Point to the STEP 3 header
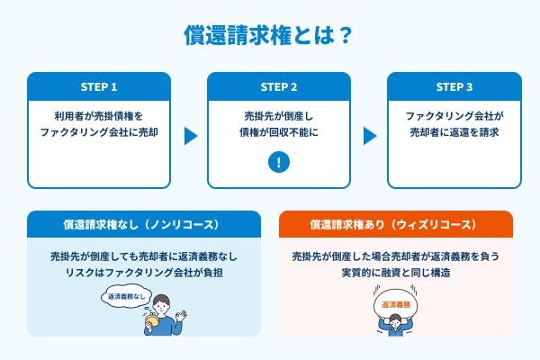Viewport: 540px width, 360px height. point(454,87)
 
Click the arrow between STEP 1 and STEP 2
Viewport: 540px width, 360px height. point(190,136)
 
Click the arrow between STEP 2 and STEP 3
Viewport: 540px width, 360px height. point(370,136)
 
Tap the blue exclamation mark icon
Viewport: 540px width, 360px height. point(280,163)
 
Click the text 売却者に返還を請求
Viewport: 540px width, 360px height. point(454,132)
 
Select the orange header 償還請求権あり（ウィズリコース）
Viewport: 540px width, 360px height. point(396,223)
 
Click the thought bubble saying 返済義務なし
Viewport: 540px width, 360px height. point(124,295)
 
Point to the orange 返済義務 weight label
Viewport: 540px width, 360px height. point(397,306)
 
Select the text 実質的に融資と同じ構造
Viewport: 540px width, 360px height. point(396,273)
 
